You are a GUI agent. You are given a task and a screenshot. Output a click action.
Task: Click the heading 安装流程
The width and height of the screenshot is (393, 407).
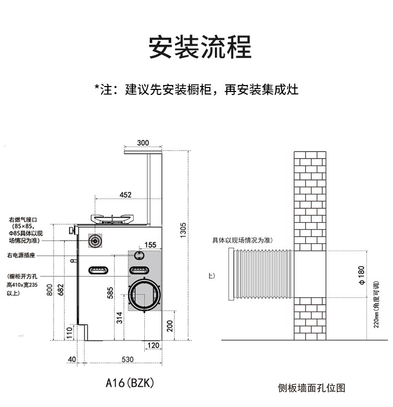[200, 47]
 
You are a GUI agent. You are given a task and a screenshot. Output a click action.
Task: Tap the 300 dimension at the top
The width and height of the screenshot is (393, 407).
[143, 143]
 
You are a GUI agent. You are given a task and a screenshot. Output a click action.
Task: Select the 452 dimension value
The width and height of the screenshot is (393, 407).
[125, 194]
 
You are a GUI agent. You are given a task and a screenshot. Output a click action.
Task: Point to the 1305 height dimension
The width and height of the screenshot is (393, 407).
[183, 230]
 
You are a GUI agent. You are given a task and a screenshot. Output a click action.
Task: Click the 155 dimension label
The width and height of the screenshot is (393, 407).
[150, 244]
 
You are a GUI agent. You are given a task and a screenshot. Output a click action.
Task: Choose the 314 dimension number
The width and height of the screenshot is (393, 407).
[120, 318]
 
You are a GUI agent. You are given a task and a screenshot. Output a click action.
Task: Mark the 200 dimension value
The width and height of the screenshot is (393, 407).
[170, 325]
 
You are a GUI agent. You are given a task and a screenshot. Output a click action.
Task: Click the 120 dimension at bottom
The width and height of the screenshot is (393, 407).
[153, 345]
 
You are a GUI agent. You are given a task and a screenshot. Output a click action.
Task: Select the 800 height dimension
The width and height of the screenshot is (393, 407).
[50, 289]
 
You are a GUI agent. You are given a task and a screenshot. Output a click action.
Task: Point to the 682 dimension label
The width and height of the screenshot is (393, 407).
[60, 289]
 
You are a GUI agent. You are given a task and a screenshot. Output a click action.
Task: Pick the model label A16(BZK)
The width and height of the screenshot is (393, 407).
[131, 383]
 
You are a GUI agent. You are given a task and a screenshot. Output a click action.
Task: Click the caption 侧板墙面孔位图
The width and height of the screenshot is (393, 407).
[311, 388]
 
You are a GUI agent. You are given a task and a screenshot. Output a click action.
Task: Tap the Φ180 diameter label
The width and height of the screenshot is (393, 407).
[361, 275]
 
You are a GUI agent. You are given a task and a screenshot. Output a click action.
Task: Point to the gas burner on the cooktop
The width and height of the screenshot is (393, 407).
[113, 218]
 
